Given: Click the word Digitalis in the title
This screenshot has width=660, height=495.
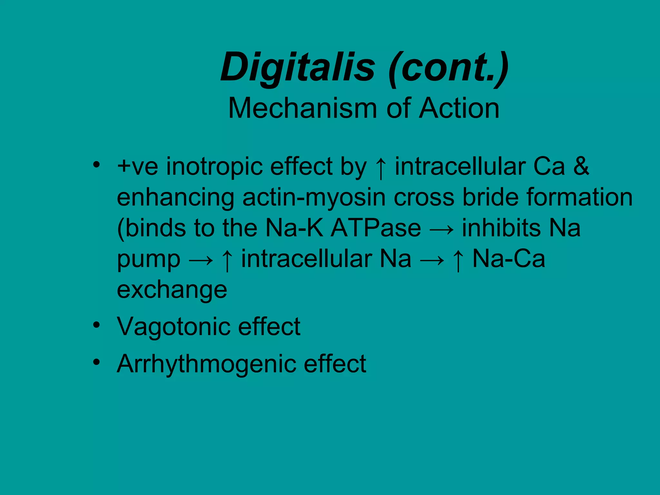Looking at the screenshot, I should click(x=298, y=68).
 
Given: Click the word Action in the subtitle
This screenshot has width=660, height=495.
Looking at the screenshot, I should click(x=459, y=108).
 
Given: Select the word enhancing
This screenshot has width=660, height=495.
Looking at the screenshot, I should click(x=175, y=198).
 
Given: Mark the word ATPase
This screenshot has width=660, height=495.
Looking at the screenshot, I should click(x=376, y=228).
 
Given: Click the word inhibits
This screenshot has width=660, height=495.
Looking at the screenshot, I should click(x=501, y=228).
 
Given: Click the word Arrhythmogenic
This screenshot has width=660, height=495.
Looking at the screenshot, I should click(x=206, y=364).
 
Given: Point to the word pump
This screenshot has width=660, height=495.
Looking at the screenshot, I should click(x=149, y=260).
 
